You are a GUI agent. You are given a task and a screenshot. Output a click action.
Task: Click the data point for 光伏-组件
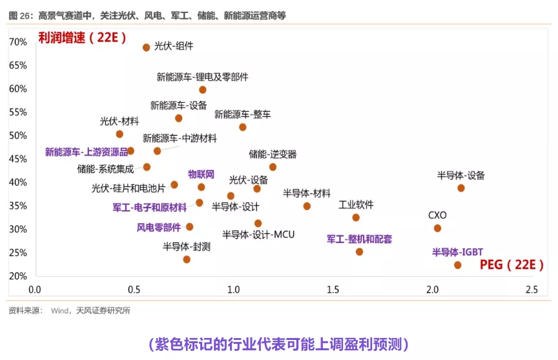(147, 47)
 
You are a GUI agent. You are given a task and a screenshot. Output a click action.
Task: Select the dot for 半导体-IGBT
(458, 265)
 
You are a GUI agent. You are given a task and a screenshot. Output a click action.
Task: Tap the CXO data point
(437, 228)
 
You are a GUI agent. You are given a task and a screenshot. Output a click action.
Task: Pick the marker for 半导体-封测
(187, 259)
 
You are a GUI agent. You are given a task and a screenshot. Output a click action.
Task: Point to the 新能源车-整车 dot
(243, 127)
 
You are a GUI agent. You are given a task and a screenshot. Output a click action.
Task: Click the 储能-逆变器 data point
(273, 167)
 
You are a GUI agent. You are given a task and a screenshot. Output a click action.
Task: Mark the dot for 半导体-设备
(461, 188)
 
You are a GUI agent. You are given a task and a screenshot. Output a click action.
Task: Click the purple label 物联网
(201, 174)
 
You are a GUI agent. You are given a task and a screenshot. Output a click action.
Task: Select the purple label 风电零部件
(159, 227)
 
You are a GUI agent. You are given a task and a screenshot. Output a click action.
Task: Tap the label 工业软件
(356, 205)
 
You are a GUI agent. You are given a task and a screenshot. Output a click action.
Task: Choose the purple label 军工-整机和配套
(359, 239)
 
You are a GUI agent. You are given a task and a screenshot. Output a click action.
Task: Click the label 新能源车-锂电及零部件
(202, 77)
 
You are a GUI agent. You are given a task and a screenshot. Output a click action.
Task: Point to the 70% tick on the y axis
(18, 42)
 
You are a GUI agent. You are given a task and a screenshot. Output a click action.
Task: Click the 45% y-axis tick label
(18, 159)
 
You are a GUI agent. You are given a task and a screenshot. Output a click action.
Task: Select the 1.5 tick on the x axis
(333, 290)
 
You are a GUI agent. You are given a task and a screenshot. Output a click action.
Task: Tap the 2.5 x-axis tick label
(532, 290)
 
